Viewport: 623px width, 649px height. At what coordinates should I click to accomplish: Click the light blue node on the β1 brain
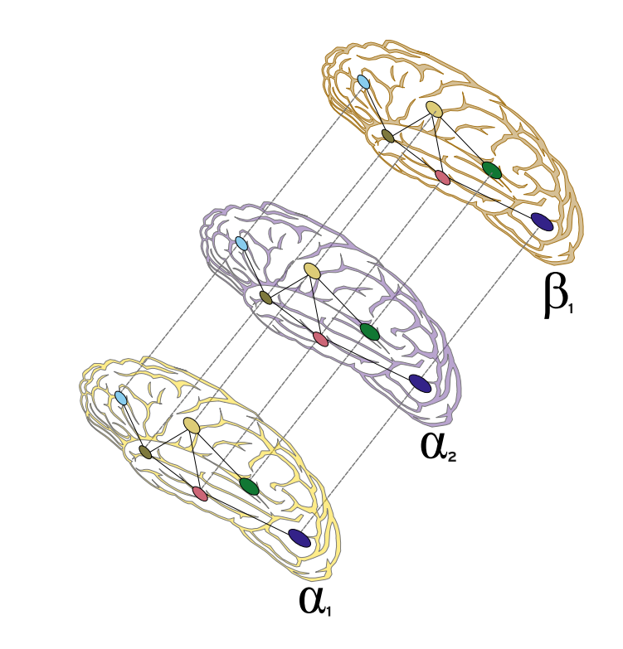tap(363, 81)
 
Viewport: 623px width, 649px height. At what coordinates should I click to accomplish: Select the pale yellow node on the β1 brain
tap(435, 109)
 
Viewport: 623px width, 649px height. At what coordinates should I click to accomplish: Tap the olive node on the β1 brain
tap(387, 136)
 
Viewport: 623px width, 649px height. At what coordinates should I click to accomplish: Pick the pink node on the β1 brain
tap(442, 177)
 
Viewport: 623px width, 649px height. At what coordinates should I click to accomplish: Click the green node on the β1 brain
tap(491, 170)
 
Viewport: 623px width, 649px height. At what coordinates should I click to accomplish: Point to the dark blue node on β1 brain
tap(542, 221)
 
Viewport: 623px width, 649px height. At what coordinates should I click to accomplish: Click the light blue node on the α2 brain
tap(241, 244)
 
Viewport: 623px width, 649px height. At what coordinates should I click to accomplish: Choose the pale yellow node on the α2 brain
tap(313, 270)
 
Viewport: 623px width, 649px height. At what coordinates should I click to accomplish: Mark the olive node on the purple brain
tap(265, 298)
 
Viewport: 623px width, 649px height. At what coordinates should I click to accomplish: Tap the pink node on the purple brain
tap(320, 339)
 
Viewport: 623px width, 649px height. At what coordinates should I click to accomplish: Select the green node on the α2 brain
tap(369, 332)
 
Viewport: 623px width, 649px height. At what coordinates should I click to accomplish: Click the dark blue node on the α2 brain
tap(421, 383)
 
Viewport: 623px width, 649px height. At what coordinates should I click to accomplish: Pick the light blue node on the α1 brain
tap(121, 398)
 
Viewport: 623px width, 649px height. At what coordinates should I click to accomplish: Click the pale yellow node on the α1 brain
tap(192, 424)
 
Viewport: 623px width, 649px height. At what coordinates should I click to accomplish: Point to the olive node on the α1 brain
tap(145, 452)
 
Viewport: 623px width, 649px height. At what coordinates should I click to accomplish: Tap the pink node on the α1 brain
tap(200, 493)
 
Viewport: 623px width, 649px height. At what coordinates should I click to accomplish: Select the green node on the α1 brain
tap(249, 486)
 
